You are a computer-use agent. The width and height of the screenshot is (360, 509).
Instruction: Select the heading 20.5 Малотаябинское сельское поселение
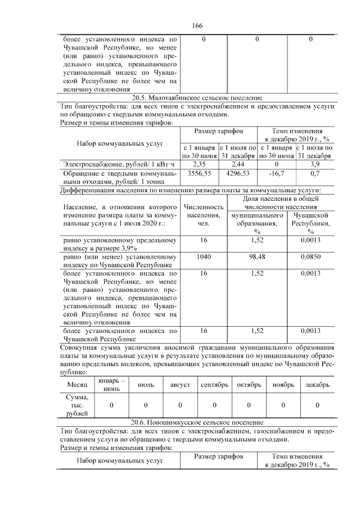(196, 97)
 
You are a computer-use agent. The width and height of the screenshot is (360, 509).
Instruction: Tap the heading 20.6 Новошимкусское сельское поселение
(196, 422)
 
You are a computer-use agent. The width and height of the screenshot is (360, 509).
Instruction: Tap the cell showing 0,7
(314, 174)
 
